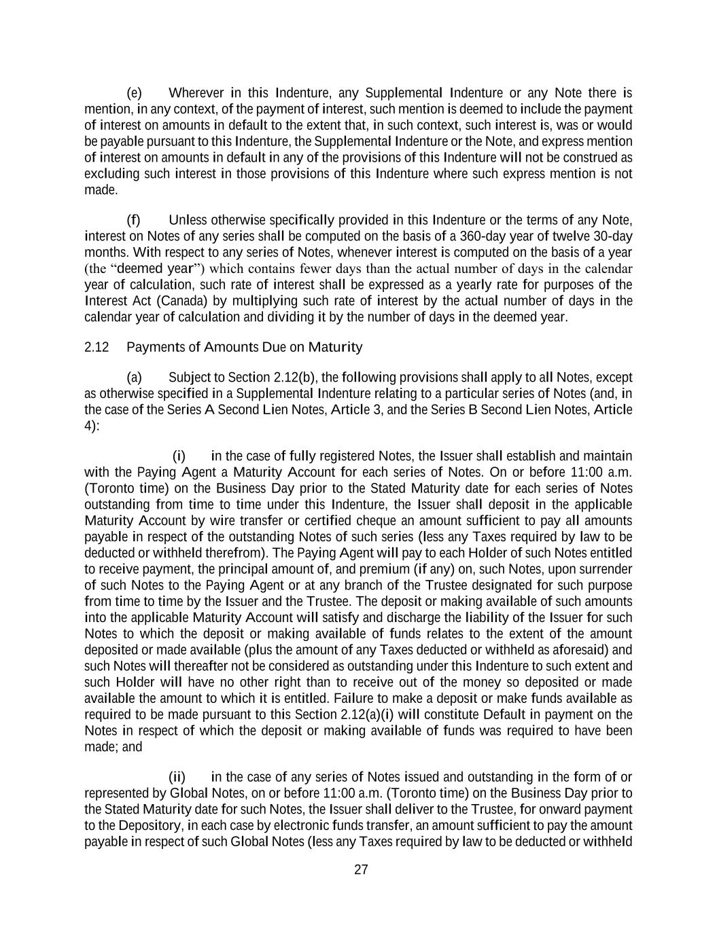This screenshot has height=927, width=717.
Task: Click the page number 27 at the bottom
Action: pos(361,870)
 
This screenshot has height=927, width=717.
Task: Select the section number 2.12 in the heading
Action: pos(97,348)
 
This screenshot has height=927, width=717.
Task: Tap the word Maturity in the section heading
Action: pos(335,348)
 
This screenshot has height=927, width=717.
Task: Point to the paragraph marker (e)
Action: pos(135,93)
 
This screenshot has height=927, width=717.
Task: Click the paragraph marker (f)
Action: pos(134,220)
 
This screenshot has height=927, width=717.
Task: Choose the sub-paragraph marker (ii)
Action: pos(177,777)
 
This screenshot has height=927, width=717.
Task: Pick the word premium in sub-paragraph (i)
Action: pos(389,569)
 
